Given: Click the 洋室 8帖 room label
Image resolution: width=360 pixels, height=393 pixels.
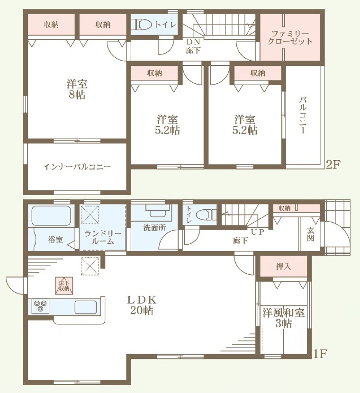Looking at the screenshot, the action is click(77, 89).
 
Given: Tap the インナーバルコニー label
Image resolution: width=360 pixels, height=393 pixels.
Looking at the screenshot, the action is click(77, 167).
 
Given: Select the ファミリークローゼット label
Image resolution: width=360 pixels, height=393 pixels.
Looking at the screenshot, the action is click(290, 37).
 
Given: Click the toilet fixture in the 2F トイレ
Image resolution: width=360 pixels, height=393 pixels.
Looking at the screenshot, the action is click(143, 25).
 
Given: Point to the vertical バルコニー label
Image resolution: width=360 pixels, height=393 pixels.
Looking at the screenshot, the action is click(303, 116).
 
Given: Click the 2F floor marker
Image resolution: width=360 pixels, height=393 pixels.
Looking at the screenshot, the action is click(333, 165).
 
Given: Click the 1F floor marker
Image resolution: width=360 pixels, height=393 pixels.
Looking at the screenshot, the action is click(320, 354).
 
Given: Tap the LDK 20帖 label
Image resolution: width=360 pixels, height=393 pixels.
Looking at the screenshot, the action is click(142, 305).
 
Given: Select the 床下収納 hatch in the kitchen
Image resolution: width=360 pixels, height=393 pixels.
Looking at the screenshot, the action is click(64, 285).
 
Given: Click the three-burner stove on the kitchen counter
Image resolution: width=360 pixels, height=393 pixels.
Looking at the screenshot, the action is click(40, 306).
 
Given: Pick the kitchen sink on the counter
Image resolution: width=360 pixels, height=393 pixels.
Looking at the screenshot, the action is click(86, 306).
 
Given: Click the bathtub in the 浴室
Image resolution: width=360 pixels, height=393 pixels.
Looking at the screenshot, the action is click(51, 216).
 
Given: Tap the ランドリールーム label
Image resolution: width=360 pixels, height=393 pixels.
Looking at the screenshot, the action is click(103, 237).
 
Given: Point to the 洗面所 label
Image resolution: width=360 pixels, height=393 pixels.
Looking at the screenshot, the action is click(154, 228).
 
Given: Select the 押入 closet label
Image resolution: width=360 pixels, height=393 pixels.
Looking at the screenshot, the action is click(283, 267).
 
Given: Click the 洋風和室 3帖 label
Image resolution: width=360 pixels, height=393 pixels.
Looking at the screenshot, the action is click(284, 318).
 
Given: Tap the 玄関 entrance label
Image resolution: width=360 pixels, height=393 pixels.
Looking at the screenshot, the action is click(311, 234).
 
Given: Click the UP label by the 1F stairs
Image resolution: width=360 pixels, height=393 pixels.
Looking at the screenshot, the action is click(258, 232).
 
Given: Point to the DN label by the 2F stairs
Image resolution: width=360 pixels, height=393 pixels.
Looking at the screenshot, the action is click(193, 42).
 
